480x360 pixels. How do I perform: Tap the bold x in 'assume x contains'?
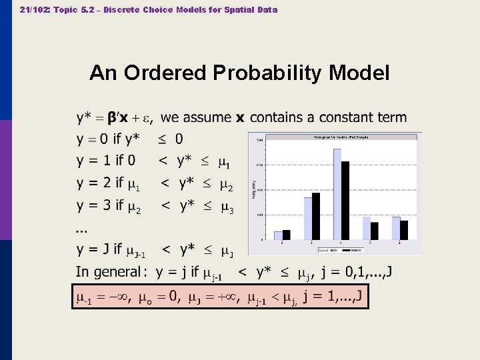coord(240,118)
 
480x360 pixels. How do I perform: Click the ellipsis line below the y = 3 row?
coord(81,230)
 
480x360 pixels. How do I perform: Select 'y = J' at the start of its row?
coord(92,249)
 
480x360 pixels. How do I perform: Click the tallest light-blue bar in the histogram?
coord(337,194)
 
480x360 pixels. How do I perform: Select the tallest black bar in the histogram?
coord(345,200)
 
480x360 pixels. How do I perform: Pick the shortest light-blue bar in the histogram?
coord(279,235)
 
